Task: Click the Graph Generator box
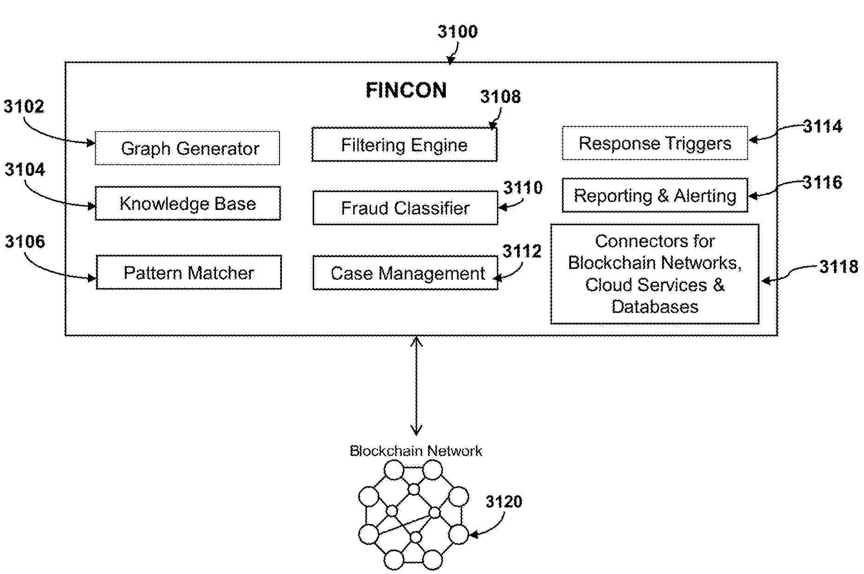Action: point(187,148)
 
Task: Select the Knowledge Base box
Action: point(187,203)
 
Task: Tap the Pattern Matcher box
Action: point(188,273)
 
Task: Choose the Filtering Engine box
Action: point(404,145)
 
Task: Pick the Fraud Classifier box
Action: point(405,208)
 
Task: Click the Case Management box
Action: point(405,273)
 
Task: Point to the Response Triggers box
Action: point(654,143)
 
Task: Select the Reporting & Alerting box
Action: point(654,196)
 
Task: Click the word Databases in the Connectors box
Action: point(654,307)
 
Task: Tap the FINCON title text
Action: point(406,90)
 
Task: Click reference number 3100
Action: point(457,32)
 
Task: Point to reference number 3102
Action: point(24,106)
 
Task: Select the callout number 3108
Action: point(500,97)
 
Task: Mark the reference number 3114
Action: point(823,126)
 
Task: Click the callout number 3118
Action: point(838,267)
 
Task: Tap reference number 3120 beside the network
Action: point(504,501)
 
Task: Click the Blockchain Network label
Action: point(415,451)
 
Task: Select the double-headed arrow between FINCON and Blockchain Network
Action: point(416,386)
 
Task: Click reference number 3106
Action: point(25,241)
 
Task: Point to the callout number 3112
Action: point(521,251)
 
